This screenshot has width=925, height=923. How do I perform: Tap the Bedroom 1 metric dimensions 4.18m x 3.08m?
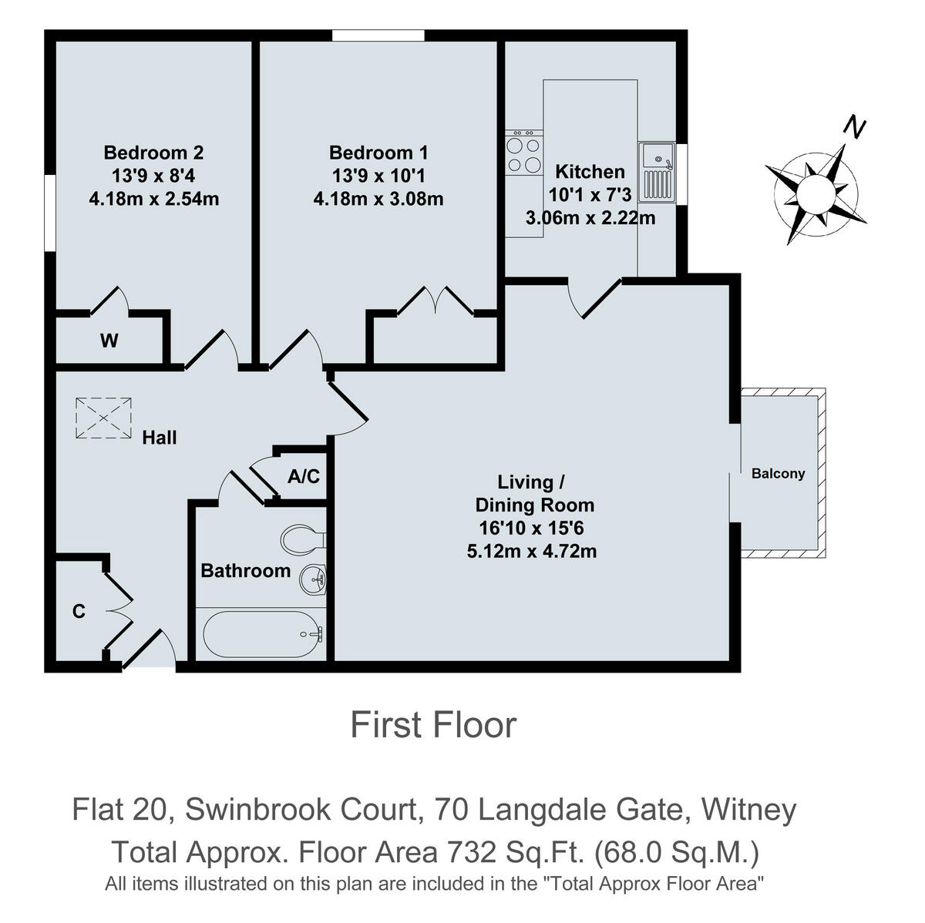pyautogui.click(x=378, y=199)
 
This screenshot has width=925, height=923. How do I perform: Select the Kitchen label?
pyautogui.click(x=590, y=171)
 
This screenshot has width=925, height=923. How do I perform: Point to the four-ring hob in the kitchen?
pyautogui.click(x=523, y=153)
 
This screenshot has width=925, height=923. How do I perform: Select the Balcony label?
pyautogui.click(x=778, y=474)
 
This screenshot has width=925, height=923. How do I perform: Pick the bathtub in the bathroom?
pyautogui.click(x=261, y=634)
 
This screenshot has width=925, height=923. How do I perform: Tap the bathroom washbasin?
pyautogui.click(x=314, y=578)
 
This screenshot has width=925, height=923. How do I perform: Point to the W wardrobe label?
pyautogui.click(x=109, y=341)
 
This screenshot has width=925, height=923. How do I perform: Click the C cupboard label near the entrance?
pyautogui.click(x=78, y=612)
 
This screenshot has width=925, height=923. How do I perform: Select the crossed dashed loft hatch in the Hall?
pyautogui.click(x=103, y=418)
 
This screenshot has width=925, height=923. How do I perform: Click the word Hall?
pyautogui.click(x=160, y=438)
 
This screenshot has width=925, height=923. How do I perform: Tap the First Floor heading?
pyautogui.click(x=433, y=725)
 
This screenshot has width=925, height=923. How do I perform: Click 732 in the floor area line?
pyautogui.click(x=469, y=852)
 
